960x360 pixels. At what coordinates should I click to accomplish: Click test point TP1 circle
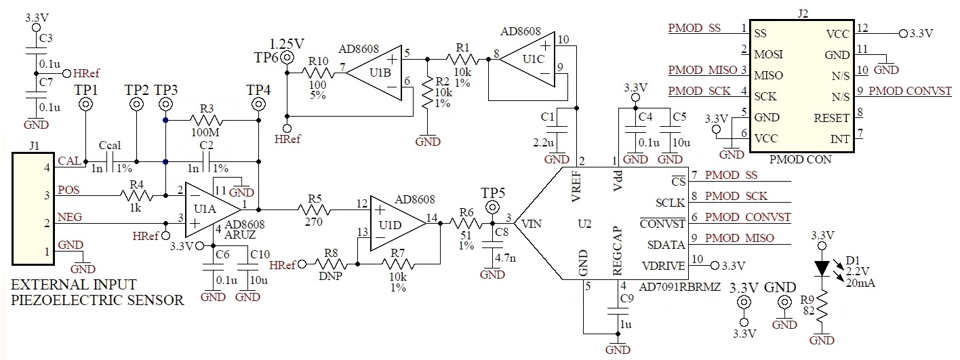click(x=87, y=104)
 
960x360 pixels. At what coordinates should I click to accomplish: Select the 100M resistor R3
click(x=212, y=121)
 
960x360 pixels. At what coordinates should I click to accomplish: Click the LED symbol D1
click(x=822, y=267)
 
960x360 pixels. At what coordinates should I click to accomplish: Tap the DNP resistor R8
click(x=332, y=264)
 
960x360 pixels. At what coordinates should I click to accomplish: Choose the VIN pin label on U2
click(x=527, y=222)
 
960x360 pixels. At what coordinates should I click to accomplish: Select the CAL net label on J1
click(x=68, y=161)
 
